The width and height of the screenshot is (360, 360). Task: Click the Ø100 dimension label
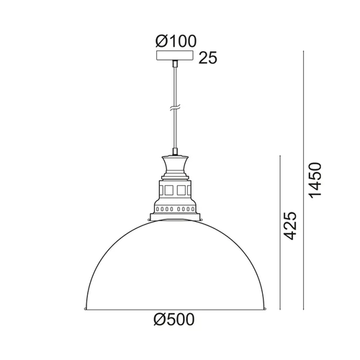176,41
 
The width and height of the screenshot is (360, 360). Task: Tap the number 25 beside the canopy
208,58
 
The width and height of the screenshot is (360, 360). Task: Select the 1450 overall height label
315,180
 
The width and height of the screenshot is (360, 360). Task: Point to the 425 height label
290,226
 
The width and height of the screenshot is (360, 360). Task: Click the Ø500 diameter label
174,320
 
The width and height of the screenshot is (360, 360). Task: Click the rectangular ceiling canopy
175,55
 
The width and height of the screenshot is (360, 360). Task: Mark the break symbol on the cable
175,108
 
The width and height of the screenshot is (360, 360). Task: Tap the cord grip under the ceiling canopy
175,63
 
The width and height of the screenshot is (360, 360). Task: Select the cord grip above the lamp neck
175,152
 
